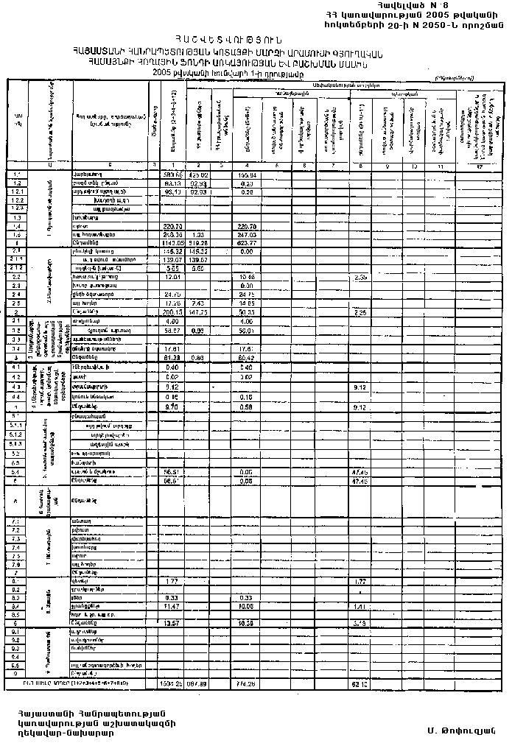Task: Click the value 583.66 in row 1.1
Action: tap(174, 174)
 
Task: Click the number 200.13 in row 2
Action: tap(174, 312)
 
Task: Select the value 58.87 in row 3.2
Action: tap(174, 331)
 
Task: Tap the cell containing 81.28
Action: tap(174, 358)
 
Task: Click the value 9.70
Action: tap(174, 406)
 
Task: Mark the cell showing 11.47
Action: tap(174, 605)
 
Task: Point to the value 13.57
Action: tap(174, 623)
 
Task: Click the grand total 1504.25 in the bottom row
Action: tap(174, 683)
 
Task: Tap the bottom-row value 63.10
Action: tap(360, 683)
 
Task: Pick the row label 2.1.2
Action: tap(17, 268)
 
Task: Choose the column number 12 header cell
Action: tap(480, 165)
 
